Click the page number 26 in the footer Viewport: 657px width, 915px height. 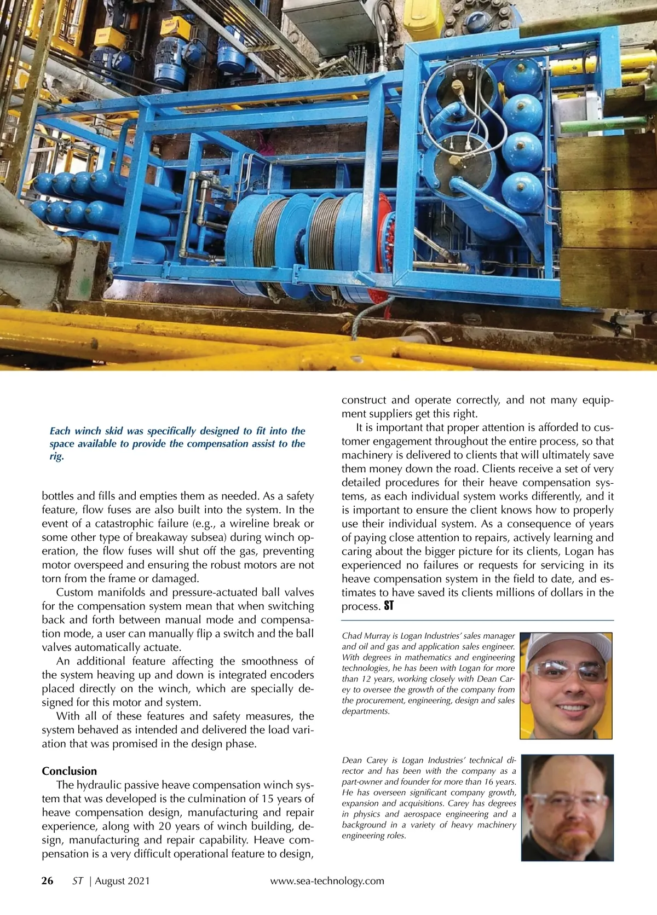(x=48, y=881)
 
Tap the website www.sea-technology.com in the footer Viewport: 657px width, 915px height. (x=327, y=881)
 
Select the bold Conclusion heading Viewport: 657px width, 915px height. (x=69, y=771)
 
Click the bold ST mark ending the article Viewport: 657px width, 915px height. (x=388, y=606)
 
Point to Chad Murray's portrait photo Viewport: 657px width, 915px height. (x=566, y=685)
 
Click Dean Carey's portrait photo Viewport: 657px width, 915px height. (x=566, y=807)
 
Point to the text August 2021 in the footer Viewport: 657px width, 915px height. (x=122, y=881)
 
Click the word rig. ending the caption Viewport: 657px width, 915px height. (x=56, y=456)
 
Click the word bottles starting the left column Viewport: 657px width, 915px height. (x=59, y=496)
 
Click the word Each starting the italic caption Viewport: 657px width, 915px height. (x=60, y=431)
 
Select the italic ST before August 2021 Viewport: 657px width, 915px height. (x=78, y=881)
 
